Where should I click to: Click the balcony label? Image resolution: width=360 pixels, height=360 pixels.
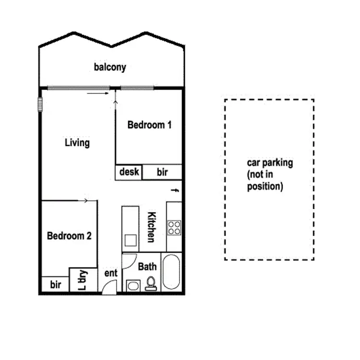click(x=110, y=67)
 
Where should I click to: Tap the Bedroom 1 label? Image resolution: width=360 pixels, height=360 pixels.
click(x=149, y=125)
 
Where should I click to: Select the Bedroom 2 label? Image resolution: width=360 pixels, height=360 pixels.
click(x=69, y=236)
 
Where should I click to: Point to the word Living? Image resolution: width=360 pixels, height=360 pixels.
click(x=77, y=143)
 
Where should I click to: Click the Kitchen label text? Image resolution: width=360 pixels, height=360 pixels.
click(x=151, y=227)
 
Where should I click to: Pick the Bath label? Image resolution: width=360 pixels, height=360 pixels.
click(x=147, y=267)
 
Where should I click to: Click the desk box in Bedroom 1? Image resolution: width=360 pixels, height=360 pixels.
click(x=129, y=172)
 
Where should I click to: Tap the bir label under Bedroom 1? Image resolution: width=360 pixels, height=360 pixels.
click(x=162, y=172)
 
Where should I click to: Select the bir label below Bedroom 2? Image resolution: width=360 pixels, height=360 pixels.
click(x=56, y=285)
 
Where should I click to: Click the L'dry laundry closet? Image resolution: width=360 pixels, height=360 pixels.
click(x=82, y=280)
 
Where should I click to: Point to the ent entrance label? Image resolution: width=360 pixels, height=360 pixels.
click(x=111, y=273)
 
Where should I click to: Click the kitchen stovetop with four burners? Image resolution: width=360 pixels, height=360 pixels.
click(x=174, y=227)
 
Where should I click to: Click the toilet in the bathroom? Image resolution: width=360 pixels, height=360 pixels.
click(x=151, y=283)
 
